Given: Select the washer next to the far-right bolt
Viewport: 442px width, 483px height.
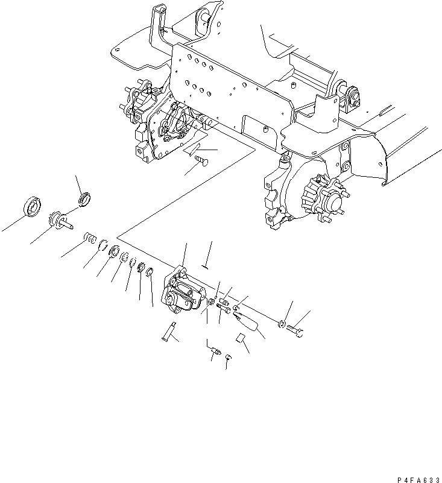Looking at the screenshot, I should click(x=282, y=325).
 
